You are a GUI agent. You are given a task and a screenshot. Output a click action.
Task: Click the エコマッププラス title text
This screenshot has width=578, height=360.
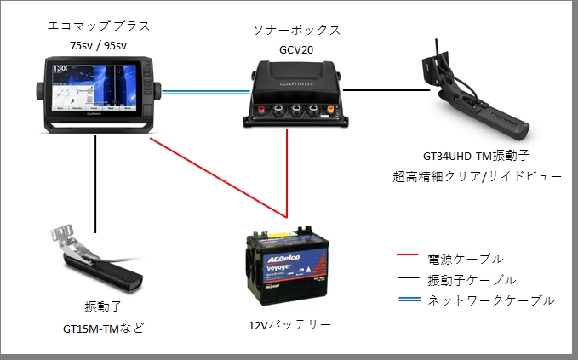click(95, 27)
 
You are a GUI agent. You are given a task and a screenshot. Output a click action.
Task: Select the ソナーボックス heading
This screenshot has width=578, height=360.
click(296, 30)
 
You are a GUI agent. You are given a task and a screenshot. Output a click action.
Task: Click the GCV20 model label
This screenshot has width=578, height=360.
click(296, 49)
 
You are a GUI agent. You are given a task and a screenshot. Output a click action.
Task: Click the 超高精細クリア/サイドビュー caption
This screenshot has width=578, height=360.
click(478, 176)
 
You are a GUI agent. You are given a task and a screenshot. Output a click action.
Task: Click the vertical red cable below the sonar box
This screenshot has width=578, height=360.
click(289, 170)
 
